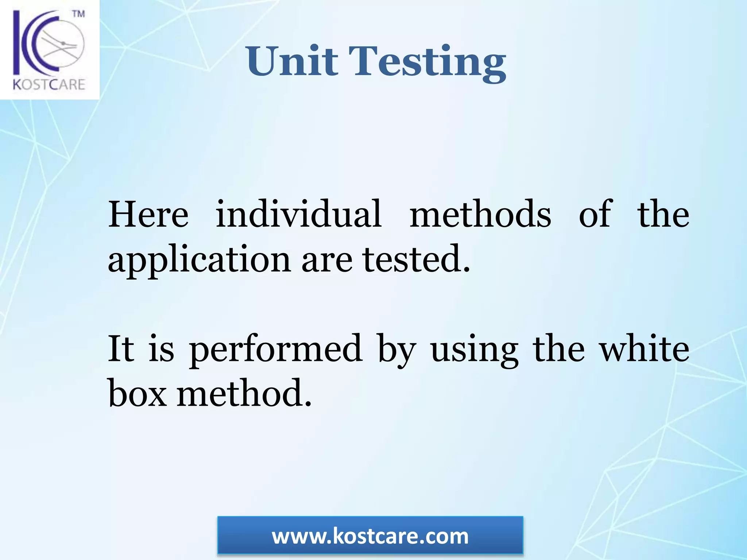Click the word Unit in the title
[x=292, y=61]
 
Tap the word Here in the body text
[x=148, y=214]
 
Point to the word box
[x=137, y=393]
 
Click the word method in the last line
[x=244, y=393]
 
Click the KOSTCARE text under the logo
[x=49, y=85]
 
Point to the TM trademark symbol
[x=78, y=14]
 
